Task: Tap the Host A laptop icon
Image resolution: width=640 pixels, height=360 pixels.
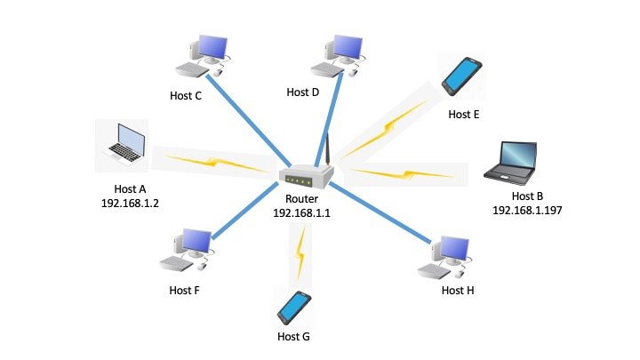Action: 122,142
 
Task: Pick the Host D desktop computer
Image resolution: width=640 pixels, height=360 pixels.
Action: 340,54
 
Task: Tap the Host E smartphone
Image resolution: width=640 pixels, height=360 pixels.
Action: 461,76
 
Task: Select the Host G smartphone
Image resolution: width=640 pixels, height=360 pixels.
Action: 293,307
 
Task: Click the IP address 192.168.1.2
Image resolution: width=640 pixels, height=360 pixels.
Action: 136,204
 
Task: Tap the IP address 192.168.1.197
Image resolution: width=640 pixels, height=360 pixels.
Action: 529,211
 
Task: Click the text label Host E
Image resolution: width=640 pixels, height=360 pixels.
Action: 463,114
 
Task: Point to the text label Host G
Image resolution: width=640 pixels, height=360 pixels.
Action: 293,336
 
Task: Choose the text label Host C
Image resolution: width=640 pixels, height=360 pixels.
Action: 186,93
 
